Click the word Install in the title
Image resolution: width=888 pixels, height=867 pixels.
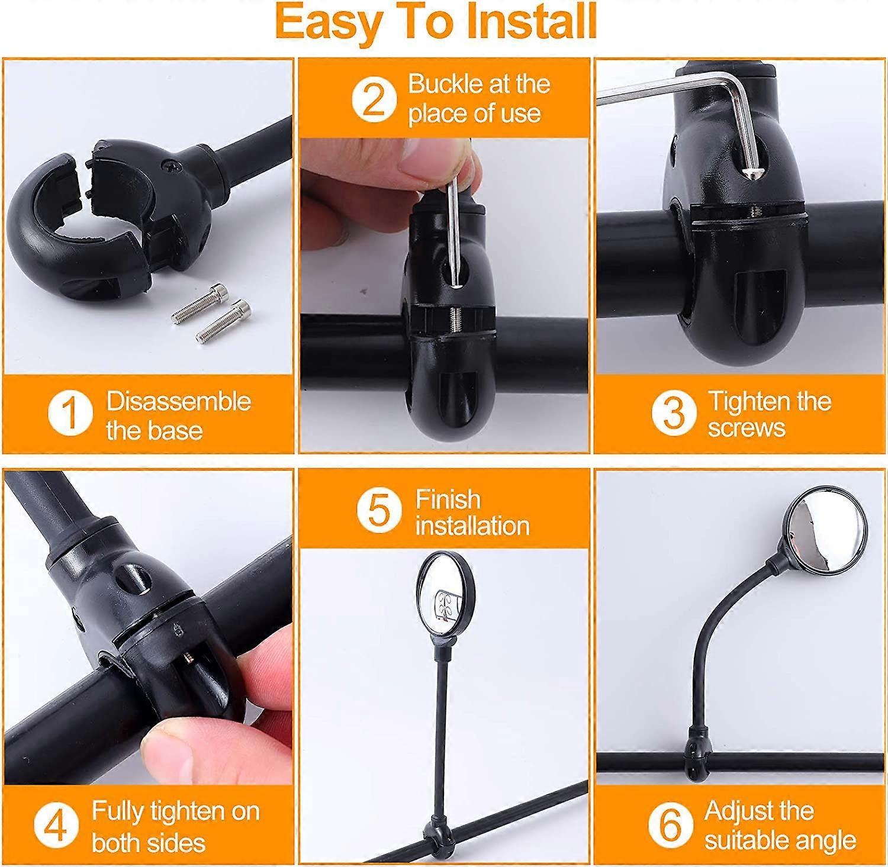click(x=532, y=22)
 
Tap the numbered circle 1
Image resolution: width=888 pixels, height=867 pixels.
click(x=70, y=412)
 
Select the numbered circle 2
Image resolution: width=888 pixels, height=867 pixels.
click(x=373, y=99)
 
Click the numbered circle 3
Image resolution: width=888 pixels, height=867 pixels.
click(x=673, y=412)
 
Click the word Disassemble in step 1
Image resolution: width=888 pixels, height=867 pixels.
click(x=179, y=401)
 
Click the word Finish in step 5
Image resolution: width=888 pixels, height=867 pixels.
click(x=448, y=499)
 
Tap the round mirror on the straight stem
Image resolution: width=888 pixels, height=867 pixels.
click(x=446, y=591)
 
